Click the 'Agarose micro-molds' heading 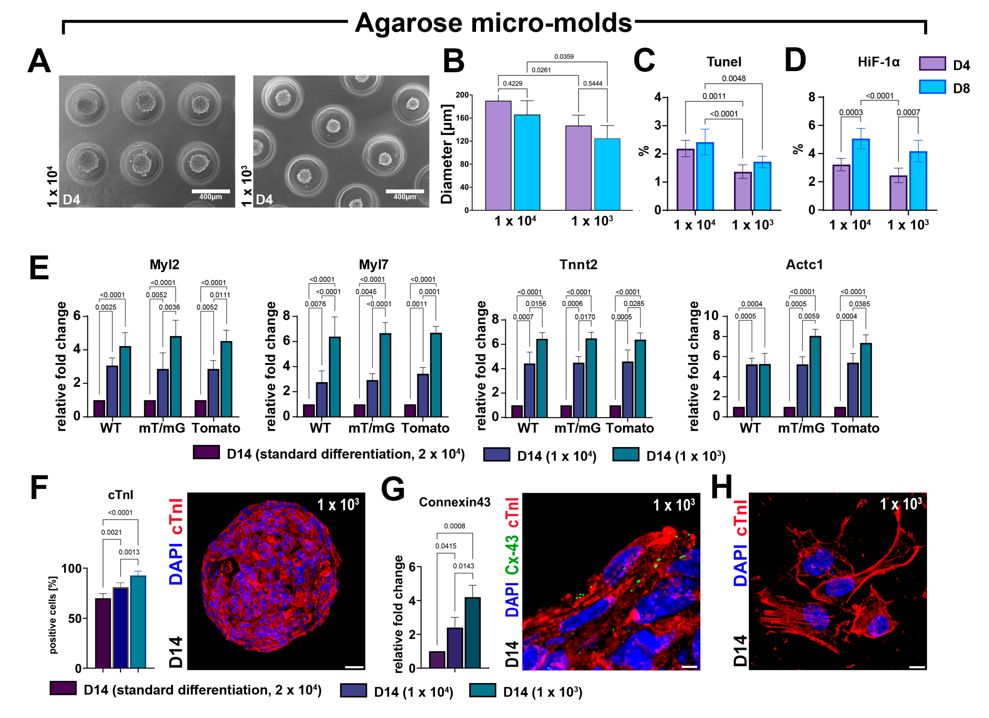[x=493, y=23]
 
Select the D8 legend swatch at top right [x=932, y=87]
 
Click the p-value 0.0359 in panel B [x=564, y=57]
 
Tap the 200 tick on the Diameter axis [x=462, y=95]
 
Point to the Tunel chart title [x=724, y=62]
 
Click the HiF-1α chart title [x=878, y=62]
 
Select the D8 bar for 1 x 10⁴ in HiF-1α [x=861, y=175]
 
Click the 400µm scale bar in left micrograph [x=211, y=192]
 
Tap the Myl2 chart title [x=164, y=265]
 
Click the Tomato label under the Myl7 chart [x=425, y=428]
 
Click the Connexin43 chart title [x=454, y=502]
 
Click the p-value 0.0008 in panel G [x=454, y=526]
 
